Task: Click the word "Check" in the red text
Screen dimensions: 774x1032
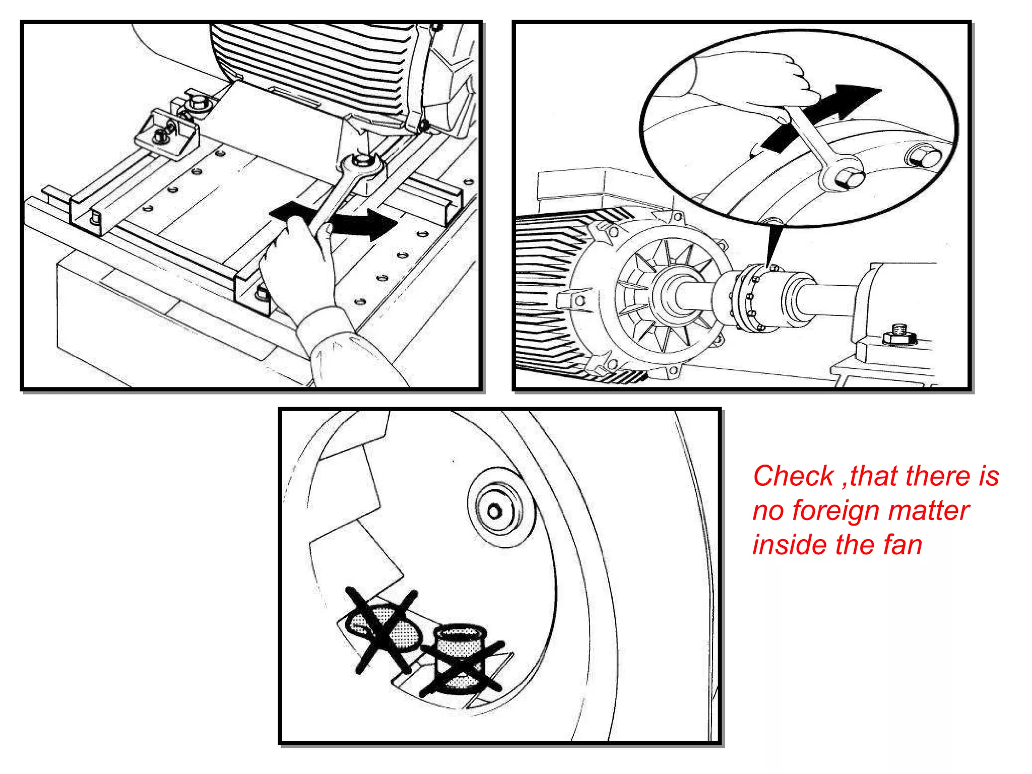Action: tap(793, 477)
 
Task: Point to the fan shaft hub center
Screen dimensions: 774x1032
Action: tap(495, 512)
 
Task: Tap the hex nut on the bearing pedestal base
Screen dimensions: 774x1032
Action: tap(899, 335)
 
